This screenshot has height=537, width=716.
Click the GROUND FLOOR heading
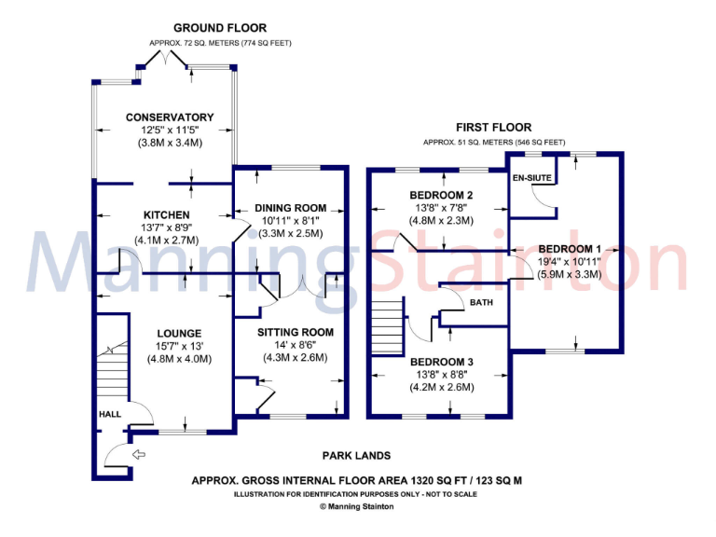(220, 29)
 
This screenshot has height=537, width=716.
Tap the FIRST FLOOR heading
(493, 128)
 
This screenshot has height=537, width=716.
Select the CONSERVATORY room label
(170, 117)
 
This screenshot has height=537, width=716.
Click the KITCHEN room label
(141, 215)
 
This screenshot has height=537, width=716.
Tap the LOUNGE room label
(179, 333)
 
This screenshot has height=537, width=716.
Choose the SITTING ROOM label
(296, 332)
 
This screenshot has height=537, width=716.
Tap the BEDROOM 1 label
(569, 249)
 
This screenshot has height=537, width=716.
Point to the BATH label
(481, 303)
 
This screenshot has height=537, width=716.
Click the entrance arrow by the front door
(140, 454)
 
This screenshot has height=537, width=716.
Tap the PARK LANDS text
(356, 456)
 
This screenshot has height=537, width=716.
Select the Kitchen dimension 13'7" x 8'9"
(169, 227)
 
